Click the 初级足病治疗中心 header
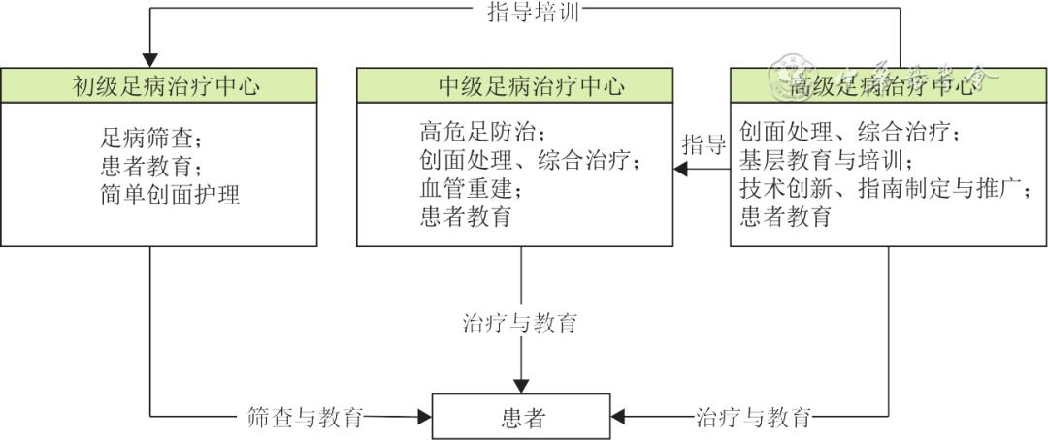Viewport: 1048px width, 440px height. tap(166, 85)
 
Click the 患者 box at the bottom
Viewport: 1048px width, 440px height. tap(521, 417)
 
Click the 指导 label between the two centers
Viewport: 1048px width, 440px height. tap(704, 146)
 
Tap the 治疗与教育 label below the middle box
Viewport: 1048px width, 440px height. tap(521, 323)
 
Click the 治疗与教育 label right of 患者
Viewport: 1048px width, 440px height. tap(754, 418)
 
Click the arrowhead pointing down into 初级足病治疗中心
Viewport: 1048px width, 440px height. tap(149, 59)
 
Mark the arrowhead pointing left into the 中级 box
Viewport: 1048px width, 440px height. tap(682, 170)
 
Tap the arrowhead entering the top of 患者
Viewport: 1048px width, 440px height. tap(522, 385)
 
